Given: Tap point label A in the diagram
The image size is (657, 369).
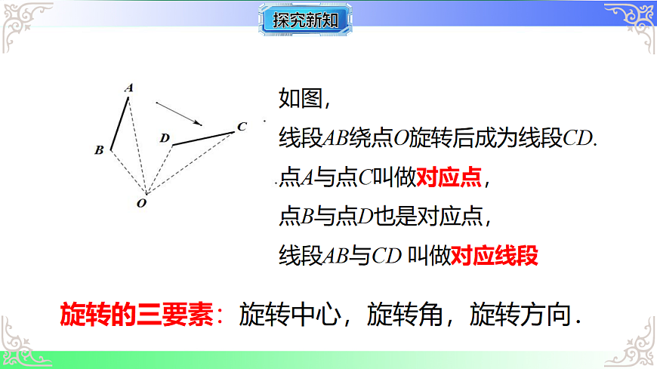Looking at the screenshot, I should point(129,88).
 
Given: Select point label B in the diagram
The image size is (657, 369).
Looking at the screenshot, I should point(99,150).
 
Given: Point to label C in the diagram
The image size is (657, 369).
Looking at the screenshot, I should point(241,127).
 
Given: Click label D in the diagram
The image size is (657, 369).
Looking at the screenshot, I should point(165,138).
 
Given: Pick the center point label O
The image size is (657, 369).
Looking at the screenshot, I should point(141,202).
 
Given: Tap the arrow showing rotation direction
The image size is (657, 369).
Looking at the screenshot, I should point(179,112).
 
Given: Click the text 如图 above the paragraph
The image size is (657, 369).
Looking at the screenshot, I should point(300,99).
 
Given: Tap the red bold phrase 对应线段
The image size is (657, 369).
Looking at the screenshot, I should point(495,256).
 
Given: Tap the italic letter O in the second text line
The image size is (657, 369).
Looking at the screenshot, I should point(401,140).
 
